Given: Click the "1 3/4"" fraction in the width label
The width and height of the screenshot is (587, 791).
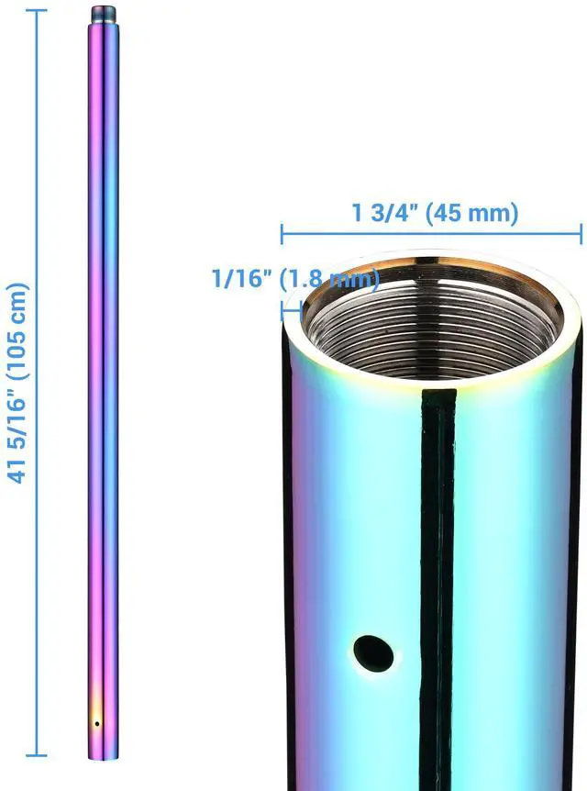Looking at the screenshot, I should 383,214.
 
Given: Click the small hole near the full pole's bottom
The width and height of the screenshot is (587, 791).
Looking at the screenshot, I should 97,723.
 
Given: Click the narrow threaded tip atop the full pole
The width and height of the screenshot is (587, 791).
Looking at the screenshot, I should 104,16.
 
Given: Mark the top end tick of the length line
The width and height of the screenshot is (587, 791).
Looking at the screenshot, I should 37,9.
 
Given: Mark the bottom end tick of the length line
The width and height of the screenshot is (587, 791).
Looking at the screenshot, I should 37,754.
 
